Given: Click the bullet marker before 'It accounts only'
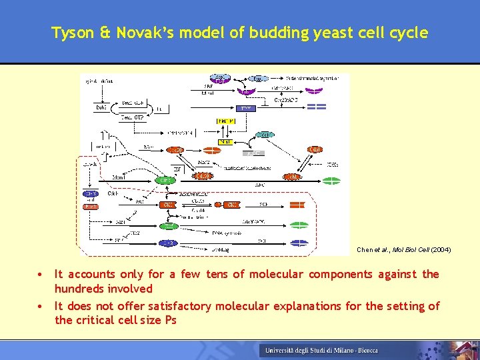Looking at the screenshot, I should (41, 274).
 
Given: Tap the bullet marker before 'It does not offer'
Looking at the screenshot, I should (41, 306).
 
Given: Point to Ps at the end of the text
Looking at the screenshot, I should (170, 321).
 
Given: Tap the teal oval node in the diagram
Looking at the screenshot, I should (165, 180).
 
